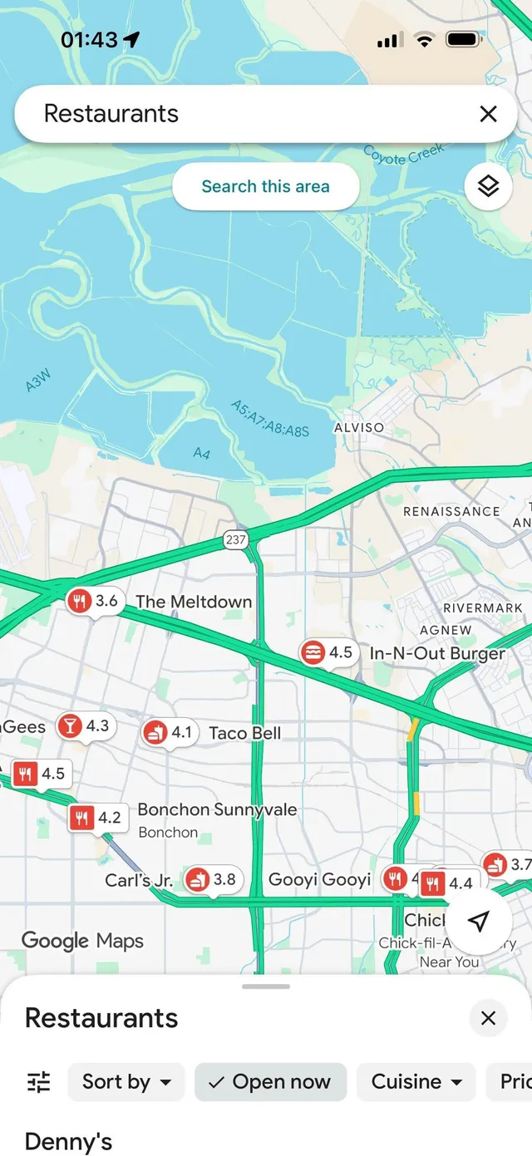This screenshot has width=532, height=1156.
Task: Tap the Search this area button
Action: [x=265, y=186]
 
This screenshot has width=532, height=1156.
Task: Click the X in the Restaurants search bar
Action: [x=488, y=114]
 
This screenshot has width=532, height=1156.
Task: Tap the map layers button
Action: [x=488, y=186]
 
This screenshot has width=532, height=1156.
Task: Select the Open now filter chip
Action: [x=270, y=1081]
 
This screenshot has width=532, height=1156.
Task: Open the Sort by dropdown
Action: [x=126, y=1081]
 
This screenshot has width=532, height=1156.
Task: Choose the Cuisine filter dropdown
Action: [x=416, y=1081]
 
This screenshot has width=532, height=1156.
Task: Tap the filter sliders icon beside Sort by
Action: [x=38, y=1081]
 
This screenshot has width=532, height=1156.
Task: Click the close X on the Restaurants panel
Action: [x=488, y=1018]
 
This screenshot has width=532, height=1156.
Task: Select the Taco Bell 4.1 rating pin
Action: [x=169, y=732]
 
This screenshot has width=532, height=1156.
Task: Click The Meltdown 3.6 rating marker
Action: [x=94, y=600]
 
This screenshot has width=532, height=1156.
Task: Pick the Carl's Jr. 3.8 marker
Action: [x=213, y=879]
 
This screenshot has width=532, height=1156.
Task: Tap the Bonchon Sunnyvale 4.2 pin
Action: [x=96, y=818]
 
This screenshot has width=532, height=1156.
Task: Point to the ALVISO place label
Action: [x=359, y=427]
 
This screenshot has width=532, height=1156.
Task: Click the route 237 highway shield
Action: [x=235, y=539]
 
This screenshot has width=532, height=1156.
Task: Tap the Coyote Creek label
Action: [x=404, y=155]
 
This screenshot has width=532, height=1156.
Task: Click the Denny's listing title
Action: [x=68, y=1142]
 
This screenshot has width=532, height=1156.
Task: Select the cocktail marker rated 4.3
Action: [x=85, y=726]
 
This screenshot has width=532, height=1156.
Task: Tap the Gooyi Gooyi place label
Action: [x=319, y=879]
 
